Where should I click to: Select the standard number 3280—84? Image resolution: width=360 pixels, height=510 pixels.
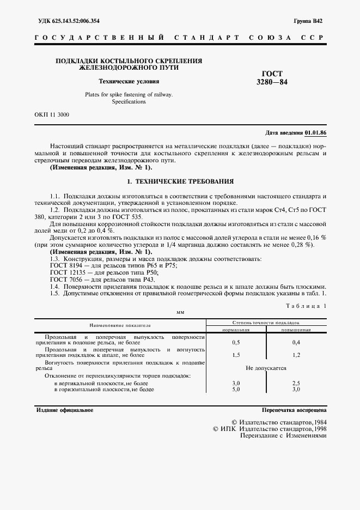(272, 83)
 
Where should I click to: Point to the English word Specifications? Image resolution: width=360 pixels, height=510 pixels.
(129, 102)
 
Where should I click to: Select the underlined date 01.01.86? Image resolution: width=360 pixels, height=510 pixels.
(315, 132)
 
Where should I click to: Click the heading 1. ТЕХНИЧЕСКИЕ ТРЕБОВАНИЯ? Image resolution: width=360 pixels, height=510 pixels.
(180, 180)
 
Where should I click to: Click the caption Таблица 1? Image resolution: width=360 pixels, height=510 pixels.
(306, 307)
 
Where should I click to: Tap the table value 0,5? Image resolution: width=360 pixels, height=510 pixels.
(236, 342)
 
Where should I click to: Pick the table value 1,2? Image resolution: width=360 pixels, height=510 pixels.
(296, 355)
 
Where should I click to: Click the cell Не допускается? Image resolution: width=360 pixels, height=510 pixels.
(266, 368)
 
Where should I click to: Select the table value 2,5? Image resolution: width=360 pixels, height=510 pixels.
(296, 384)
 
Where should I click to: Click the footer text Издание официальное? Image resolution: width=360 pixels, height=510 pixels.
(64, 410)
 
